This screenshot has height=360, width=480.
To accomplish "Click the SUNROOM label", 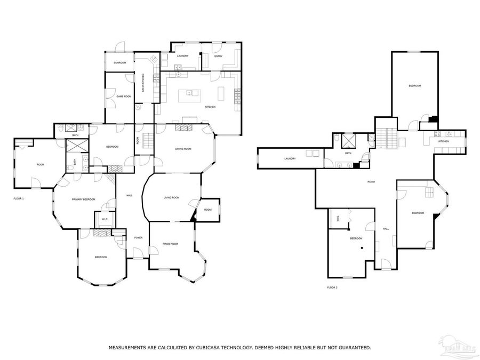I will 119,63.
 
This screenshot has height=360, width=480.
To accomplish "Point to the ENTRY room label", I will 218,55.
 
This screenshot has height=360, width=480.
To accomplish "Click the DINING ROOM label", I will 183,149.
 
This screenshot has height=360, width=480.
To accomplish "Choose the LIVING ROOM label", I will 171,197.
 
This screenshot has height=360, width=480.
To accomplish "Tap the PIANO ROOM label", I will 170,244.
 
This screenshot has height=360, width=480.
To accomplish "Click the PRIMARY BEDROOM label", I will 83,199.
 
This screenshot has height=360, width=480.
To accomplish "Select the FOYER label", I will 138,237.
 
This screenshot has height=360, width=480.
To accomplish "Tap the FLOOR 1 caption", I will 19,198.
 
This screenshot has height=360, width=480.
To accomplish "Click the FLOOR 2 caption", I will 332,287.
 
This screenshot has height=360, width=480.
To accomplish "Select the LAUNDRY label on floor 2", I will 290,158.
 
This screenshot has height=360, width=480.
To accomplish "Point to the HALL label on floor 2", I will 386,228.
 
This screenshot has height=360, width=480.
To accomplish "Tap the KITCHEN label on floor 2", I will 443,141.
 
